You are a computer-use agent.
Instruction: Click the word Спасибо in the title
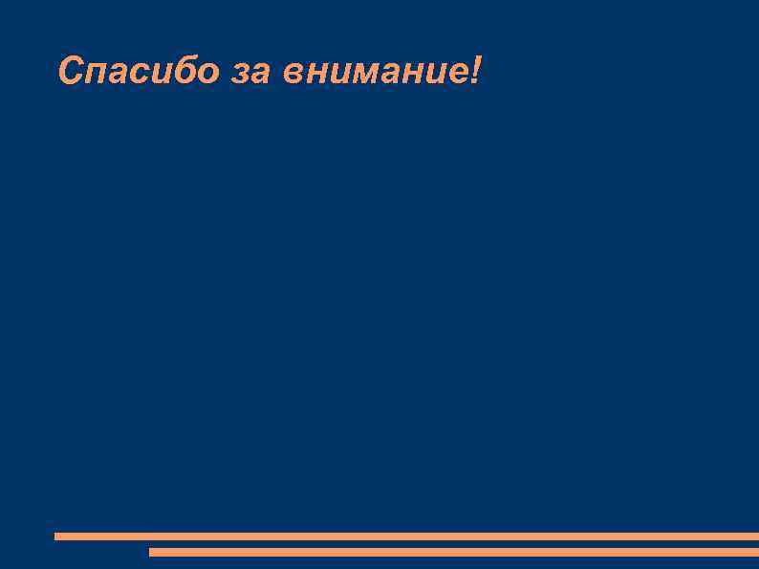pos(139,71)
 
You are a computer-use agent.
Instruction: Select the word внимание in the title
pos(373,73)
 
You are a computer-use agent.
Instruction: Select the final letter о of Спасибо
pos(207,74)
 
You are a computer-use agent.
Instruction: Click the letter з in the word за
pos(240,74)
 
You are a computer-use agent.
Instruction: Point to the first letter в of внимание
pos(294,74)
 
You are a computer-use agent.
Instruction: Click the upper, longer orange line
pos(406,536)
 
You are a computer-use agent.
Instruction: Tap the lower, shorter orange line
pos(454,552)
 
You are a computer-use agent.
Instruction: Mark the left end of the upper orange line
pos(57,536)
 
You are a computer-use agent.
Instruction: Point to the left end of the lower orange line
pos(152,552)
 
